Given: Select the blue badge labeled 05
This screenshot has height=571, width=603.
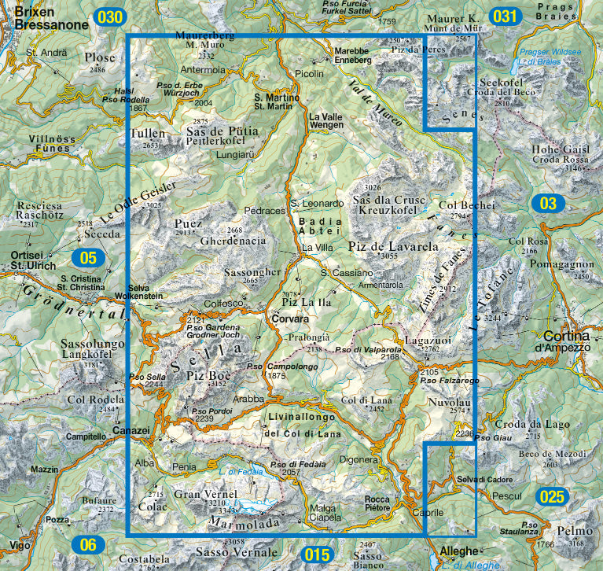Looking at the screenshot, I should (88, 257).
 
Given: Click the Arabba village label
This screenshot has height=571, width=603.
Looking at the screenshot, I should (248, 399).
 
